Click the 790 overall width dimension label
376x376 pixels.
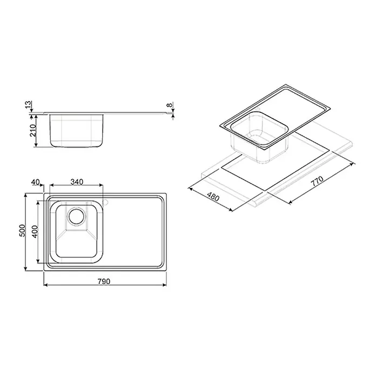(104, 281)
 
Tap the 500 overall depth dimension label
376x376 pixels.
(22, 231)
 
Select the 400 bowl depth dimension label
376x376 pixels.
(35, 231)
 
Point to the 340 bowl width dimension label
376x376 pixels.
(77, 182)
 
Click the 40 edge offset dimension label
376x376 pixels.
(36, 182)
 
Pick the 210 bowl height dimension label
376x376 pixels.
(32, 130)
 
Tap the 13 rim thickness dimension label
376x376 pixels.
(29, 104)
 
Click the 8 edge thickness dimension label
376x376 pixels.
(170, 105)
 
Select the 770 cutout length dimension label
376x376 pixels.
(317, 182)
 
